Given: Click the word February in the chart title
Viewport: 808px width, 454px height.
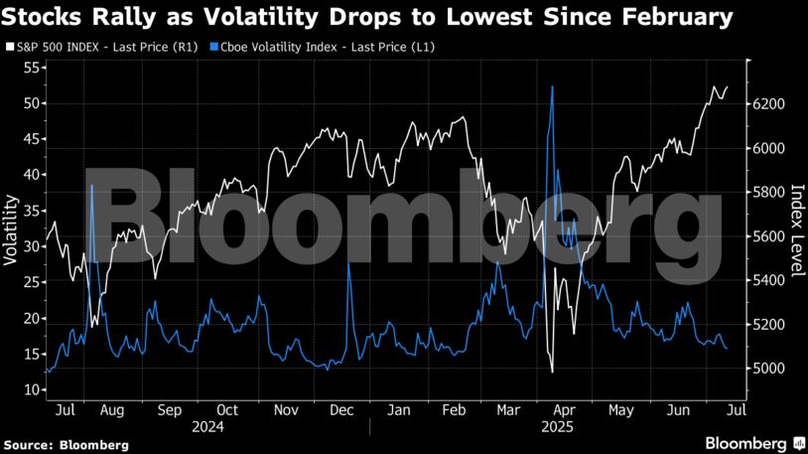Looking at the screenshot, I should (x=676, y=17).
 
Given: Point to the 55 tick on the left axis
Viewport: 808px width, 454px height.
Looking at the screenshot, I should (x=30, y=68).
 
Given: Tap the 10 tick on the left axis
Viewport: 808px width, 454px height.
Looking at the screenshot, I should (x=30, y=390).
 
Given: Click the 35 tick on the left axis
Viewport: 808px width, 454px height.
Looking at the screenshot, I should (x=30, y=211).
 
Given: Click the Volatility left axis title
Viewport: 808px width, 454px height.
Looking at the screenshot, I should (x=11, y=230).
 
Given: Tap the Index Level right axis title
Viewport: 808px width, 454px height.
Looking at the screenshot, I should (x=796, y=229).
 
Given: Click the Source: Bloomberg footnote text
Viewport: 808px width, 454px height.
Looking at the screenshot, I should (x=66, y=445).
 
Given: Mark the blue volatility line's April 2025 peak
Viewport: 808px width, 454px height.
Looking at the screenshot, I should (x=551, y=87).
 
